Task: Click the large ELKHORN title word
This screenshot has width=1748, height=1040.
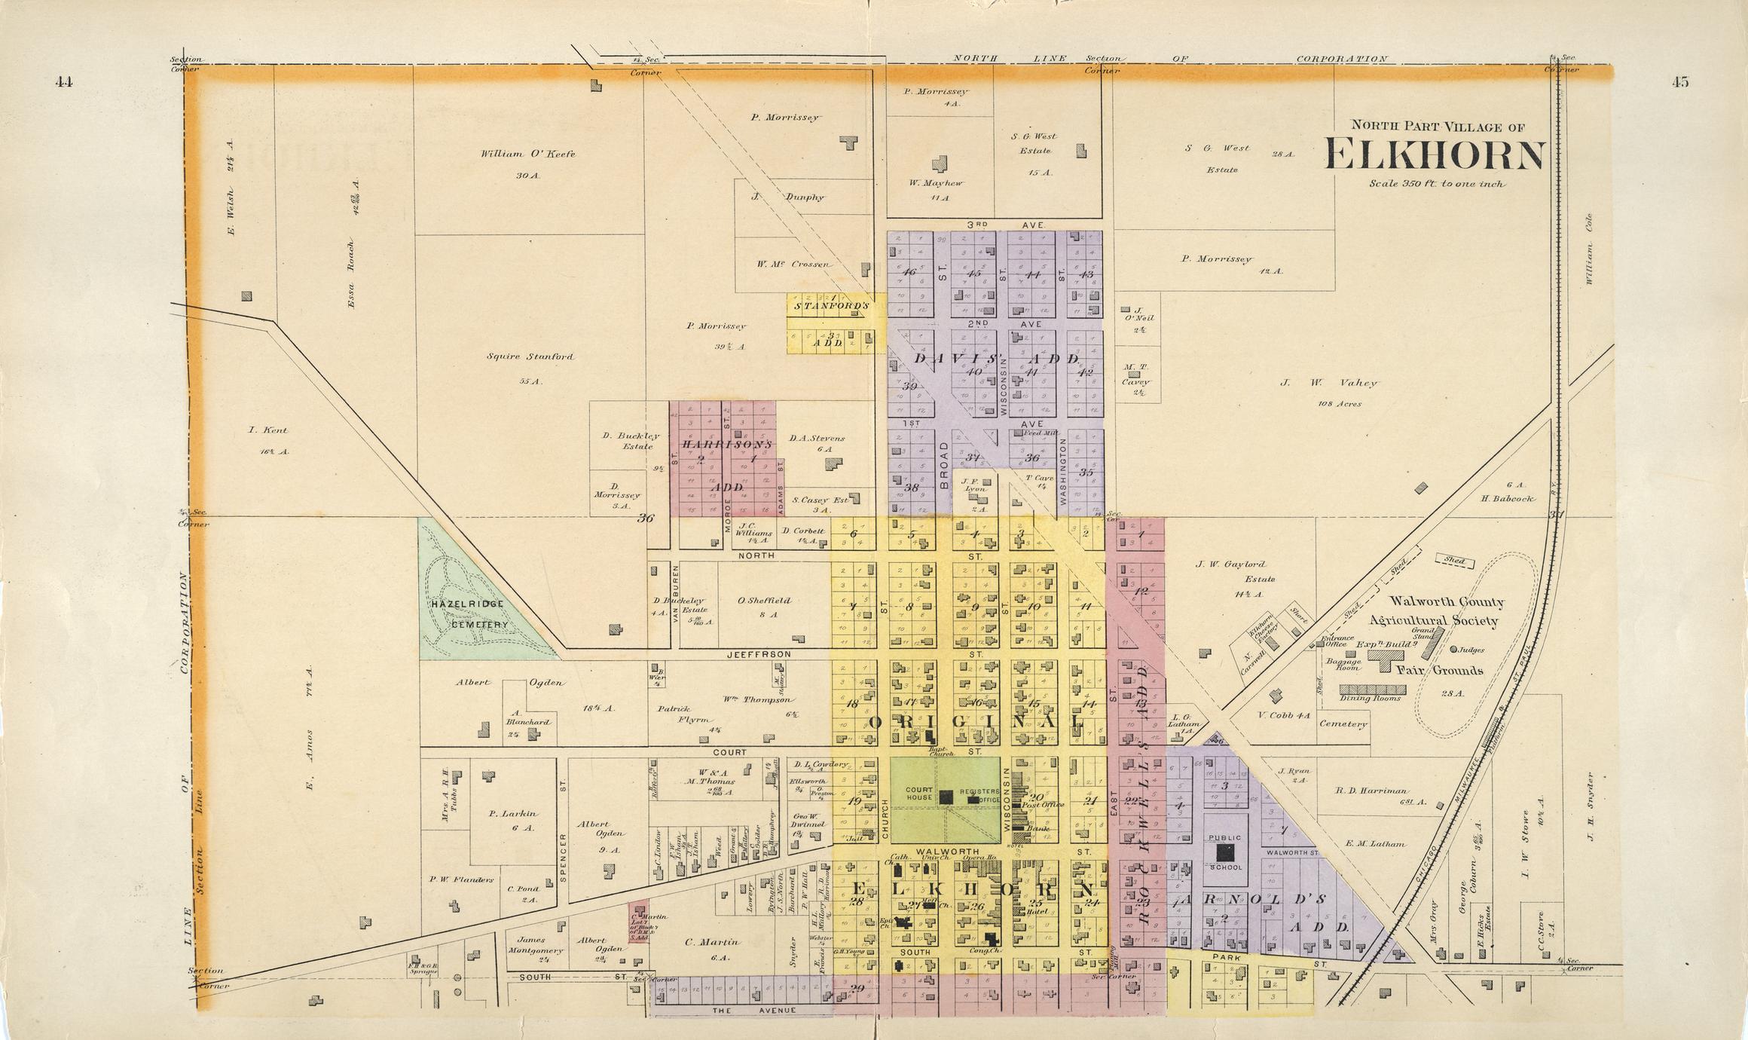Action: point(1435,156)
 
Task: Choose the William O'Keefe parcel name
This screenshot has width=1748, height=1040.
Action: point(527,154)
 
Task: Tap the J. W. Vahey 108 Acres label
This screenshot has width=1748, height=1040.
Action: point(1328,384)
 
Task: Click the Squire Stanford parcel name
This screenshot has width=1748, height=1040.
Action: point(530,356)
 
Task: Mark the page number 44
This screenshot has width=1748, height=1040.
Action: point(64,83)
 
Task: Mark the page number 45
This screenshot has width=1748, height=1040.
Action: point(1679,83)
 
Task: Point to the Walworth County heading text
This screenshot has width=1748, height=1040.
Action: point(1446,602)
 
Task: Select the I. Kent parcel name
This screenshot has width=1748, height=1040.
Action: point(268,430)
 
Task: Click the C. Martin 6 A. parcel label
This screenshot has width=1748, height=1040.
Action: point(712,941)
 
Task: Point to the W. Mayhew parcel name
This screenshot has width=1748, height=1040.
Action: point(936,183)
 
